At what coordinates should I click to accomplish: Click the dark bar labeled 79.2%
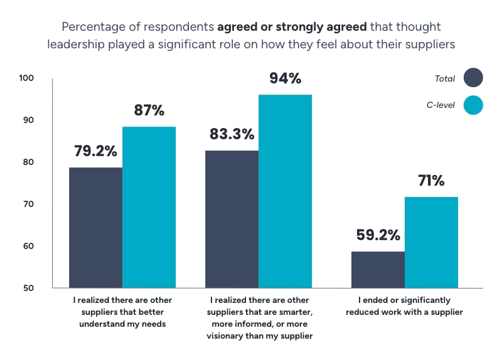[95, 228]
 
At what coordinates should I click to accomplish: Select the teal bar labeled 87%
[149, 208]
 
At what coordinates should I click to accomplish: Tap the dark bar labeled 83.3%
[232, 220]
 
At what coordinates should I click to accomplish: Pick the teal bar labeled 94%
[285, 191]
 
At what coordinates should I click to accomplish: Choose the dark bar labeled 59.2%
[378, 270]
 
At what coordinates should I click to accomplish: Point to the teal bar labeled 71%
[431, 243]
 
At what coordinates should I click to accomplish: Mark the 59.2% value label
[378, 235]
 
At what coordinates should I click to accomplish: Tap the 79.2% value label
[95, 151]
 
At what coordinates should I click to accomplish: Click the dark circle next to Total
[473, 78]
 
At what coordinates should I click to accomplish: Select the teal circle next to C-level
[473, 105]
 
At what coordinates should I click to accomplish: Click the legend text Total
[445, 78]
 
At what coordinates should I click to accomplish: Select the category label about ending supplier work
[404, 306]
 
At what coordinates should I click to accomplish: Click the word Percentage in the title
[89, 27]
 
